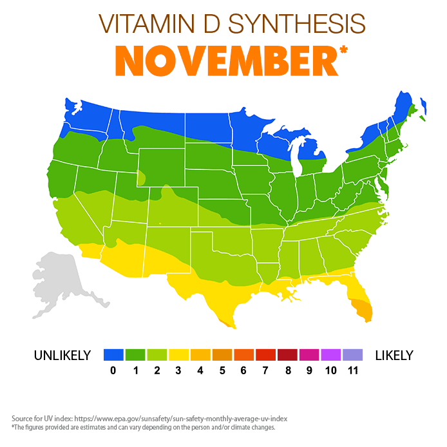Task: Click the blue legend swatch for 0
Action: coord(113,355)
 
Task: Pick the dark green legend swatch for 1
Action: coord(135,355)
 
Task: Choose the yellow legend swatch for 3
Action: coord(178,355)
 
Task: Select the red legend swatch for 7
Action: coord(265,355)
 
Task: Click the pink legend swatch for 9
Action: coord(309,355)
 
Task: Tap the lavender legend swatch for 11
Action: coord(352,355)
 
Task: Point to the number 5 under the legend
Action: coord(222,370)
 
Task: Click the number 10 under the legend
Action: coord(330,370)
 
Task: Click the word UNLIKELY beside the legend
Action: coord(63,356)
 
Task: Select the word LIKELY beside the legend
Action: coord(394,356)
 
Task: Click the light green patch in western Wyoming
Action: coord(141,178)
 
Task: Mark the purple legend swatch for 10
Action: coord(330,355)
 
